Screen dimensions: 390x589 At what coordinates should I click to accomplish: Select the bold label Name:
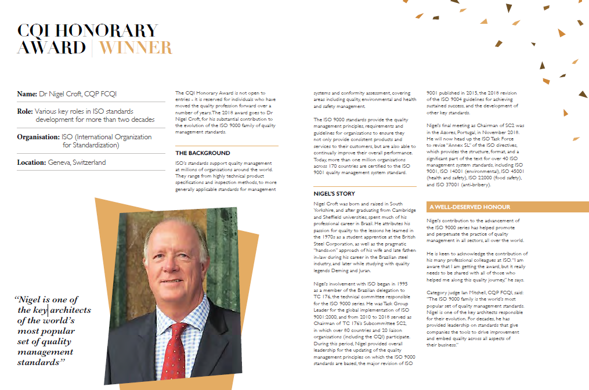tap(27, 94)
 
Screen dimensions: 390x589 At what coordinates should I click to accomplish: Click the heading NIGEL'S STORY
tap(334, 194)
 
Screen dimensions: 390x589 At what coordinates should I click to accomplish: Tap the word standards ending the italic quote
tap(38, 362)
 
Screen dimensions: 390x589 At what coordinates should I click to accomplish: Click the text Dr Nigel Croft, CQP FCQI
tap(81, 94)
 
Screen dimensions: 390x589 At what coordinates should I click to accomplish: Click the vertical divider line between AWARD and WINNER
tap(92, 48)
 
